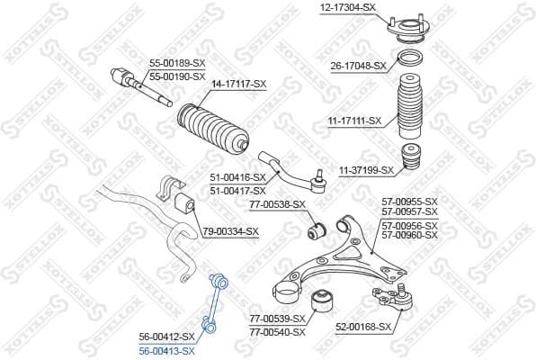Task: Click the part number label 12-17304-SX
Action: click(347, 7)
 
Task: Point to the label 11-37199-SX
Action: click(366, 169)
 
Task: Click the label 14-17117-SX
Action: click(238, 84)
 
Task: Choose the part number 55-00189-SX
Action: click(175, 62)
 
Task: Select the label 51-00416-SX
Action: click(237, 178)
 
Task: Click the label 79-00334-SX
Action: click(229, 231)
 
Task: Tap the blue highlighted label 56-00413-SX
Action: click(166, 348)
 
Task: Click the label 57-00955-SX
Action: click(409, 201)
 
